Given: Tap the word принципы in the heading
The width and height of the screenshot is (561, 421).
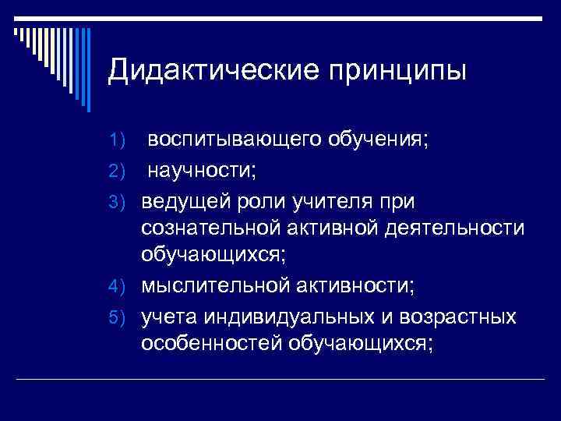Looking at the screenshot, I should (399, 72).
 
